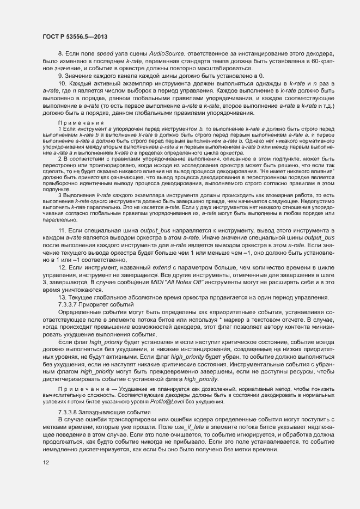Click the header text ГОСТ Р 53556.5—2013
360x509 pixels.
tap(74, 36)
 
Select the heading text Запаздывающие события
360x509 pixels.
tap(113, 412)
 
